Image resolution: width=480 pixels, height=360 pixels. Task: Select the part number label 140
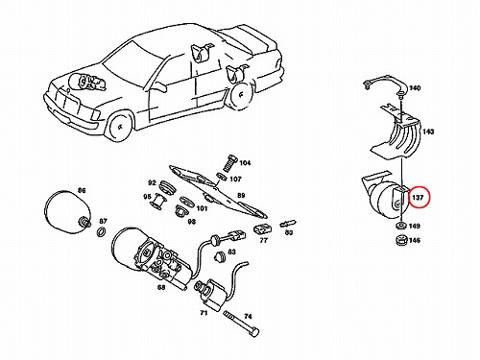(415, 88)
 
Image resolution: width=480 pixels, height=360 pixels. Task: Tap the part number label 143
(428, 132)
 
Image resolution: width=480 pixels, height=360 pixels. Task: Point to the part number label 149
(415, 227)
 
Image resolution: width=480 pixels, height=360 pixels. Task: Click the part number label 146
(415, 240)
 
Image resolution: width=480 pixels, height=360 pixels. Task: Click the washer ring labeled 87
(102, 231)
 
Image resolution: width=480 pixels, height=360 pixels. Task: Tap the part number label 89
(241, 195)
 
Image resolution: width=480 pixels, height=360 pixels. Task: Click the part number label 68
(161, 287)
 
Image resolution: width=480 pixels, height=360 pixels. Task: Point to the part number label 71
(204, 313)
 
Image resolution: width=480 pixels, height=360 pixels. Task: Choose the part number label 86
(82, 191)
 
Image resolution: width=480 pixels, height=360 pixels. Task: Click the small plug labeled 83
(218, 256)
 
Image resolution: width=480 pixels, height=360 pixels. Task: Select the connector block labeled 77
(263, 228)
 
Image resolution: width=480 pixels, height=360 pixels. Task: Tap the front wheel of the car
(120, 126)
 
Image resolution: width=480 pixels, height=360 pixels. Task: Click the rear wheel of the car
(241, 95)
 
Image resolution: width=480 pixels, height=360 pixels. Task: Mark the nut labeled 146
(400, 240)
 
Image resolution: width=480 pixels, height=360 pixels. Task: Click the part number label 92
(152, 182)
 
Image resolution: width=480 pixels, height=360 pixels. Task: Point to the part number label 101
(202, 208)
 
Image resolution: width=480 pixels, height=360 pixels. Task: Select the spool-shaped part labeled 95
(159, 202)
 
